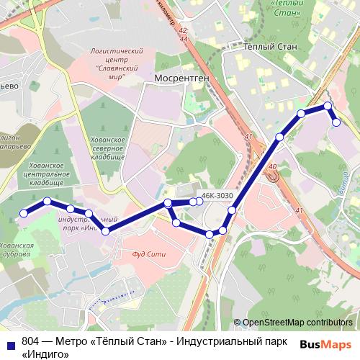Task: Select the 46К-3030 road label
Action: pos(217,195)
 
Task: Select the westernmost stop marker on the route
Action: pos(24,213)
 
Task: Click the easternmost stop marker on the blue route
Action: pos(336,122)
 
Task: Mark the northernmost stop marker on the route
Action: pos(328,106)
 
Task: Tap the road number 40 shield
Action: pos(271,168)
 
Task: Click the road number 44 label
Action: pos(184,39)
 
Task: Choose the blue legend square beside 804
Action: pos(9,341)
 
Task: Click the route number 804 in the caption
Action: pos(30,341)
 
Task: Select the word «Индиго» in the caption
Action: pos(45,354)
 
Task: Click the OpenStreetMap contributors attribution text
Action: pos(297,323)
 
